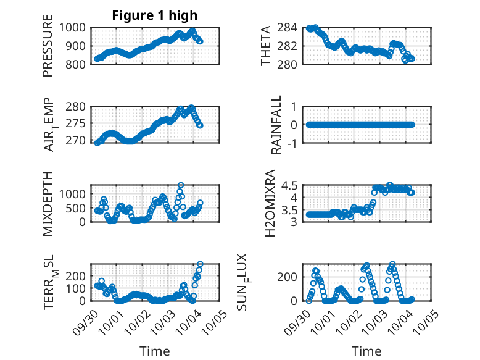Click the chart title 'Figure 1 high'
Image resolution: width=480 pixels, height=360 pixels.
point(154,16)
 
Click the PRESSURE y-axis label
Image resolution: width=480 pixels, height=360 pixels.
point(48,46)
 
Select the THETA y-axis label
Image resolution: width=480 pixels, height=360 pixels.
point(266,46)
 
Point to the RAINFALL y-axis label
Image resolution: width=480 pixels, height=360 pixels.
point(277,125)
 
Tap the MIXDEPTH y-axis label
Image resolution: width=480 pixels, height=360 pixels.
point(48,203)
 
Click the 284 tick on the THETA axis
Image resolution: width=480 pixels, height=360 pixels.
point(291,28)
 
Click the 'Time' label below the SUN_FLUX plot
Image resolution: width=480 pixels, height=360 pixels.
point(366,351)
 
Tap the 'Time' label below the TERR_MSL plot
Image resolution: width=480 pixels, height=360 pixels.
point(154,351)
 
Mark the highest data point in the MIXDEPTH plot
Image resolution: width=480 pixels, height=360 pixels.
point(181,185)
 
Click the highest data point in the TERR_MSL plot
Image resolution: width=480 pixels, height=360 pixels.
point(200,264)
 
